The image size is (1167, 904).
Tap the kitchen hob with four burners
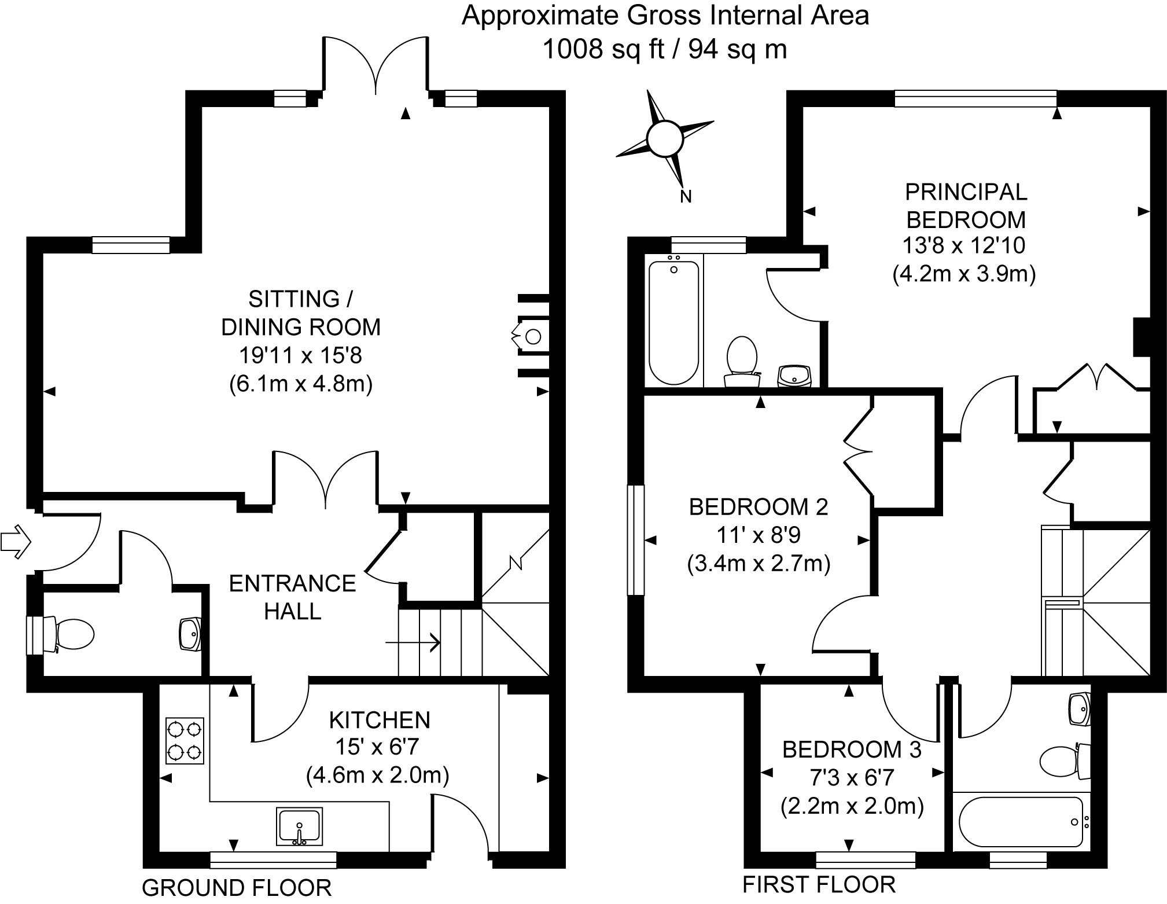point(185,741)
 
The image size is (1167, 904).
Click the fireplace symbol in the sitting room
point(529,336)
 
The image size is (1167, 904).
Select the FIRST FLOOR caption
point(819,885)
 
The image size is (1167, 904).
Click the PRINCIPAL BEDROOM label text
point(966,205)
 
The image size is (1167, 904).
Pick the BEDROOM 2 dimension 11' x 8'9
point(759,535)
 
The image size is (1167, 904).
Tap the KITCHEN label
point(380,720)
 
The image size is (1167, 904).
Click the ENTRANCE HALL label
point(292,597)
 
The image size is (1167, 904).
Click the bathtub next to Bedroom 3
point(1021,822)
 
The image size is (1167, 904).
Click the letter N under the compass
point(686,197)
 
